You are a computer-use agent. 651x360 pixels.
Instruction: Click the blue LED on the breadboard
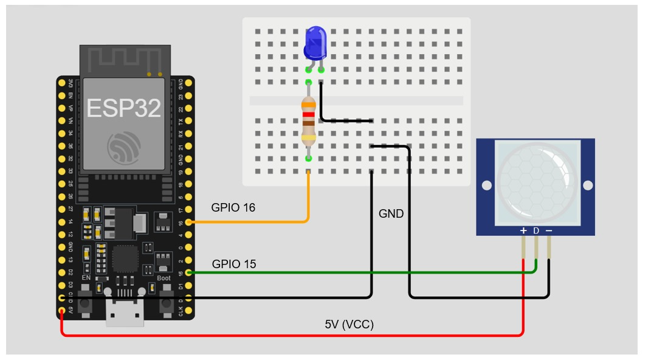315,43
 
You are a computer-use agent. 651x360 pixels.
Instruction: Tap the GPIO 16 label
233,207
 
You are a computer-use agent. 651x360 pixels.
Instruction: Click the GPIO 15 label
234,264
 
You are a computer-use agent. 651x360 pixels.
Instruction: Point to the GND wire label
391,213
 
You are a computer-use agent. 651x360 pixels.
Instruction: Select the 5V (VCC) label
349,324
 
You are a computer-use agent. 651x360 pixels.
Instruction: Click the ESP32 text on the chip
123,108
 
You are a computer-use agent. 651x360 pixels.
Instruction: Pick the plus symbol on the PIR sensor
523,230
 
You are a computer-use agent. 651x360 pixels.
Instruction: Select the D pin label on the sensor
536,230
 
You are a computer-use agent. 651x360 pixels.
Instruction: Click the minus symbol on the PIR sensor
549,230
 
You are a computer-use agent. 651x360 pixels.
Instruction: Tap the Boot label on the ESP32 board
164,278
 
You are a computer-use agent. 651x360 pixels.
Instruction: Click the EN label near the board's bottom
86,278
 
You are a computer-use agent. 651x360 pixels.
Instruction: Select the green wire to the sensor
365,272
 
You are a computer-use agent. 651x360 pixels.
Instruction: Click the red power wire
292,335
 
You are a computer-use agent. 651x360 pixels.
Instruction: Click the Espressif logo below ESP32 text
123,146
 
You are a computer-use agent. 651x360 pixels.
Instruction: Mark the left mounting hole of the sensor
486,185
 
